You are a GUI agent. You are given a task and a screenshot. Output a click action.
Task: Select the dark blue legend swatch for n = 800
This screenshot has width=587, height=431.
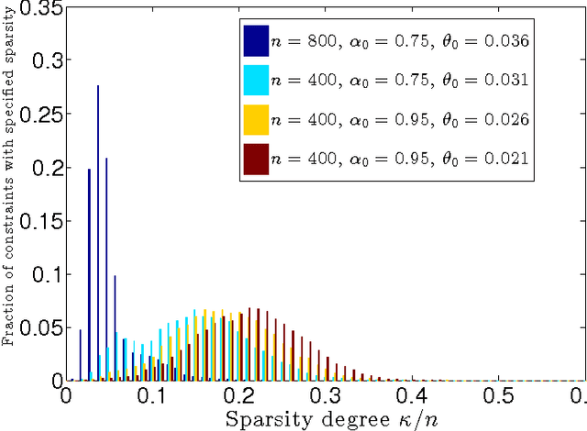click(x=256, y=40)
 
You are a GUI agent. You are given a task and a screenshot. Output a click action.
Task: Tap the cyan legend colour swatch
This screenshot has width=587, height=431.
click(x=256, y=80)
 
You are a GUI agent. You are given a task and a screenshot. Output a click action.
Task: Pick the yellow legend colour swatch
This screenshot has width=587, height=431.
click(x=256, y=119)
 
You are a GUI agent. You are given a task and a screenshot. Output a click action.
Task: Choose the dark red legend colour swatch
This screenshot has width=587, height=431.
click(x=256, y=159)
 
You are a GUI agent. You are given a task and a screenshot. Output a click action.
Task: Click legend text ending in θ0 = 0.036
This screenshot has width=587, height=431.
click(x=402, y=41)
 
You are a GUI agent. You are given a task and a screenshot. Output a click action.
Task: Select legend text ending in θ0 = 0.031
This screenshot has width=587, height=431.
click(x=402, y=81)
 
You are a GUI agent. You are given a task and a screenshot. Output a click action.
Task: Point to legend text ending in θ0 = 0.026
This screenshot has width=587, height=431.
click(x=402, y=120)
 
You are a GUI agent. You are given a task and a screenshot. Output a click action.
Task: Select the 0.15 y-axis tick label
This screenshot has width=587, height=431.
click(x=39, y=222)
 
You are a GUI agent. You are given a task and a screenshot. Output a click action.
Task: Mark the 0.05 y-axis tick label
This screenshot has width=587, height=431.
click(x=39, y=327)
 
